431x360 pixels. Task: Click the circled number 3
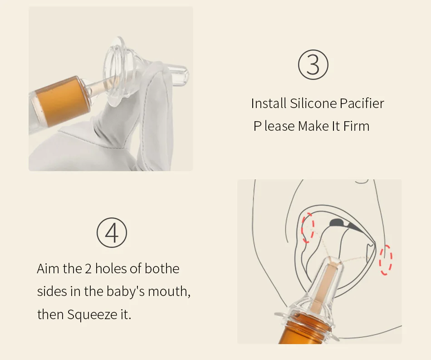point(313,64)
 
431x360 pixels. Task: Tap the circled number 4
point(112,233)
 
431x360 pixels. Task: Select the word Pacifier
point(362,104)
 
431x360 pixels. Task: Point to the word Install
point(269,104)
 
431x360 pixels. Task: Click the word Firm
point(356,126)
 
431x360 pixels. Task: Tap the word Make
point(313,126)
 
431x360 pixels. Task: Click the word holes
point(111,268)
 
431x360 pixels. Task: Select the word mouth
point(168,291)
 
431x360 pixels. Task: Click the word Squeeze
point(92,315)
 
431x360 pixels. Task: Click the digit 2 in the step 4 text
point(88,269)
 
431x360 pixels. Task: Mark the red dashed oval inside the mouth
point(308,227)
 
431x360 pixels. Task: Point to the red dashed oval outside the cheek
point(386,260)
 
